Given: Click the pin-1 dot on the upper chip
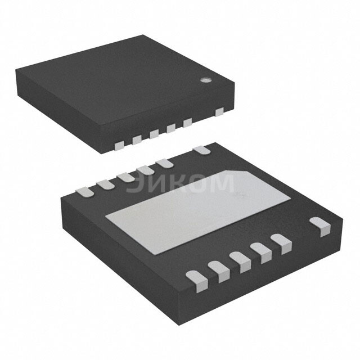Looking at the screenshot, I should [x=206, y=80].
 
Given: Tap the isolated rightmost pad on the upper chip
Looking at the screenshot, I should [x=219, y=112].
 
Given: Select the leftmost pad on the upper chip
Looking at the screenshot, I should [x=119, y=146].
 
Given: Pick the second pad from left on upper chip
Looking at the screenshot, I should [x=136, y=139].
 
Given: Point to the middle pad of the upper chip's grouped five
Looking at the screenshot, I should [x=154, y=134].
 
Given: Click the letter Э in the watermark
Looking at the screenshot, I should [x=134, y=184].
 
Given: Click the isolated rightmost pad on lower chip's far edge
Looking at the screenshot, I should [x=201, y=150].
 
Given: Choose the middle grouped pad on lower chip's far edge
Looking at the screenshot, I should [x=125, y=176].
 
